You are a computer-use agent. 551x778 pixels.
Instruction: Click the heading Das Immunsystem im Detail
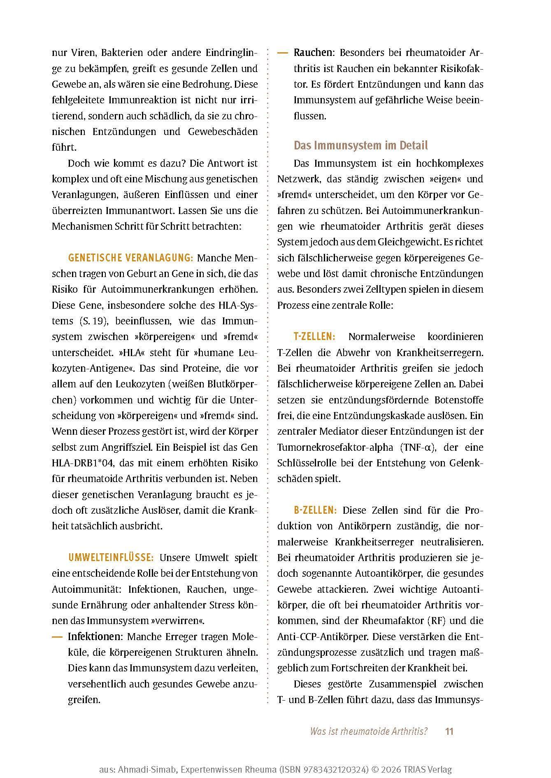pos(360,145)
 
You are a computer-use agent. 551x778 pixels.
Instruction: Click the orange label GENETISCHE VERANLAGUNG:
pos(130,258)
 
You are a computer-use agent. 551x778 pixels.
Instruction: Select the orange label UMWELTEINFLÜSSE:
pos(111,557)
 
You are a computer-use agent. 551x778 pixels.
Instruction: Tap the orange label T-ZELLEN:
pos(314,336)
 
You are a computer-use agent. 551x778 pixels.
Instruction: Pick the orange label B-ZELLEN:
pos(315,510)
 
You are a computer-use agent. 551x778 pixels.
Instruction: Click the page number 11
pos(449,731)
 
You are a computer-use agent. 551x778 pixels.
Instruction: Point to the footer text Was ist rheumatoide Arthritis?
pos(369,731)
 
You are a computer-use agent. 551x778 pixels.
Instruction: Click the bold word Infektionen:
pos(95,636)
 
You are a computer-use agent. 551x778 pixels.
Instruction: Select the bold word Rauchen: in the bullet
pos(313,53)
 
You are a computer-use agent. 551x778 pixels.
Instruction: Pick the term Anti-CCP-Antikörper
pos(323,636)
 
